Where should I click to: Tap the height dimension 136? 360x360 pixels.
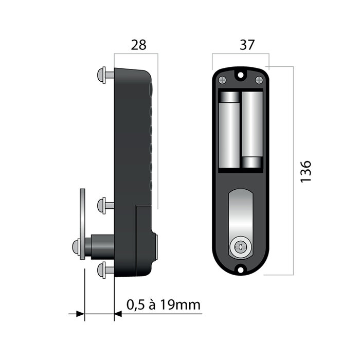tap(305, 171)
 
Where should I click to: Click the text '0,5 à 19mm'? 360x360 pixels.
tap(163, 305)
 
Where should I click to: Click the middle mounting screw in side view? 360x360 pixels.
tap(105, 205)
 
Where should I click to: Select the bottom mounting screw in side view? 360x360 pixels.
tap(105, 268)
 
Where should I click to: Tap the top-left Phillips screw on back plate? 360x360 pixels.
tap(222, 80)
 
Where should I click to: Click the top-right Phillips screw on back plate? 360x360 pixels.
tap(259, 80)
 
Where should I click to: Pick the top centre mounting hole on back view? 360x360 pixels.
tap(240, 75)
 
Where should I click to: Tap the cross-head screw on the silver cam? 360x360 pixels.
tap(240, 247)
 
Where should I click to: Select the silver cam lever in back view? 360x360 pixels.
tap(240, 216)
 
